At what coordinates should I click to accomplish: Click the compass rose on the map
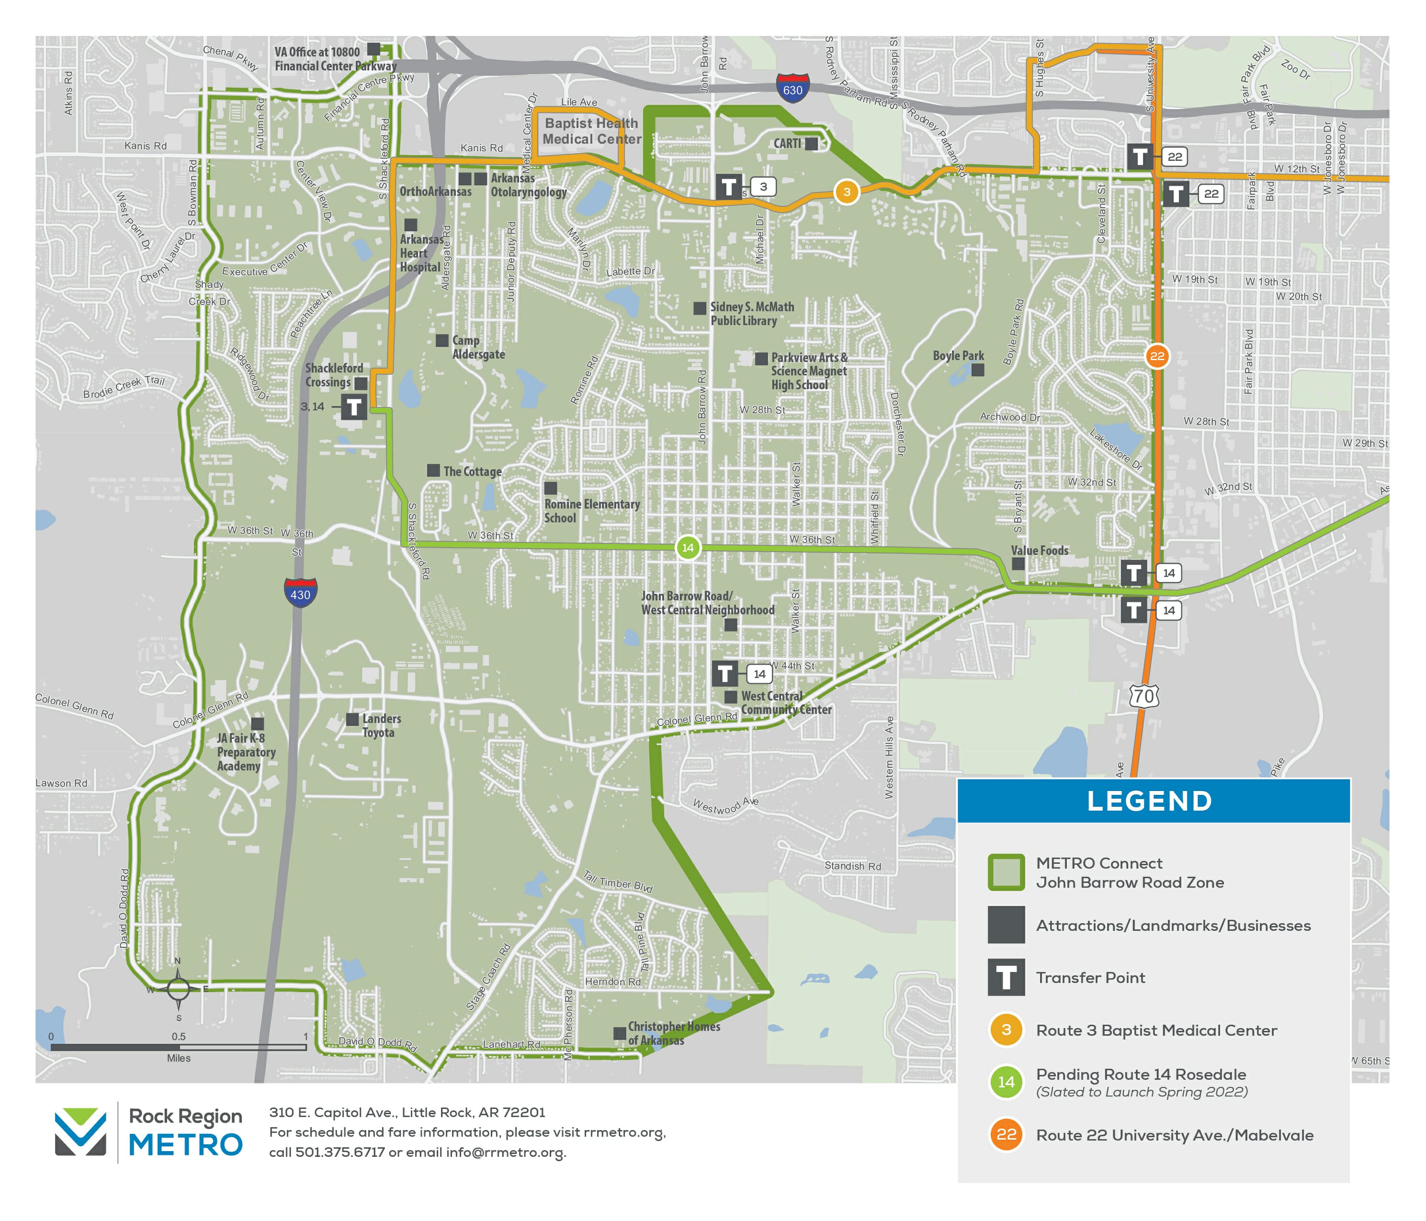pyautogui.click(x=178, y=989)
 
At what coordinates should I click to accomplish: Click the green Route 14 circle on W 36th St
pyautogui.click(x=688, y=548)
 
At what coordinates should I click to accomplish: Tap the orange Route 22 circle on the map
pyautogui.click(x=1157, y=356)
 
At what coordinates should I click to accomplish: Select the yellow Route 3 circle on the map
pyautogui.click(x=847, y=192)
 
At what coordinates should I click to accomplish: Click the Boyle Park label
pyautogui.click(x=958, y=356)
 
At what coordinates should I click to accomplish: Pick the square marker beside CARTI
pyautogui.click(x=812, y=144)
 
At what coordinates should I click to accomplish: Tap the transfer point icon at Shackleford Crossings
pyautogui.click(x=354, y=407)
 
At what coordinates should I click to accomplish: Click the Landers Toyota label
pyautogui.click(x=381, y=725)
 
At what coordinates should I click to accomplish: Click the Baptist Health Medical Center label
pyautogui.click(x=591, y=131)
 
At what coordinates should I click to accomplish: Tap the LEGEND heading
pyautogui.click(x=1149, y=801)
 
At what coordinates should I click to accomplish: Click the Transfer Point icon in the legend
pyautogui.click(x=1006, y=977)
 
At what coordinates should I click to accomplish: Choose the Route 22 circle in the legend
pyautogui.click(x=1006, y=1135)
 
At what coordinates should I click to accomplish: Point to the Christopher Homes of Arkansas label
pyautogui.click(x=673, y=1033)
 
